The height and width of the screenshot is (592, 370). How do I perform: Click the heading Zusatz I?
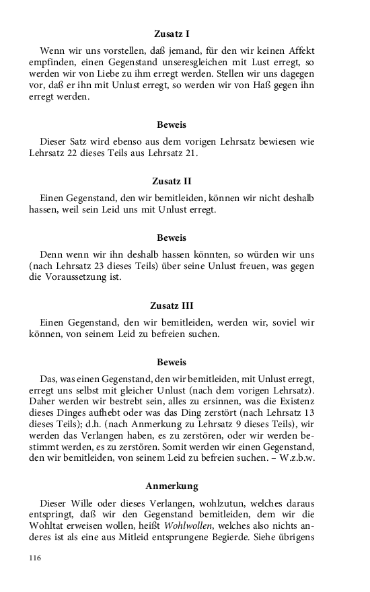[x=172, y=33]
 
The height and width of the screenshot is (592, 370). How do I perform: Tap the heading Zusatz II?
[x=172, y=181]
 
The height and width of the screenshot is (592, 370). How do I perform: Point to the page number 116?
[x=36, y=558]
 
